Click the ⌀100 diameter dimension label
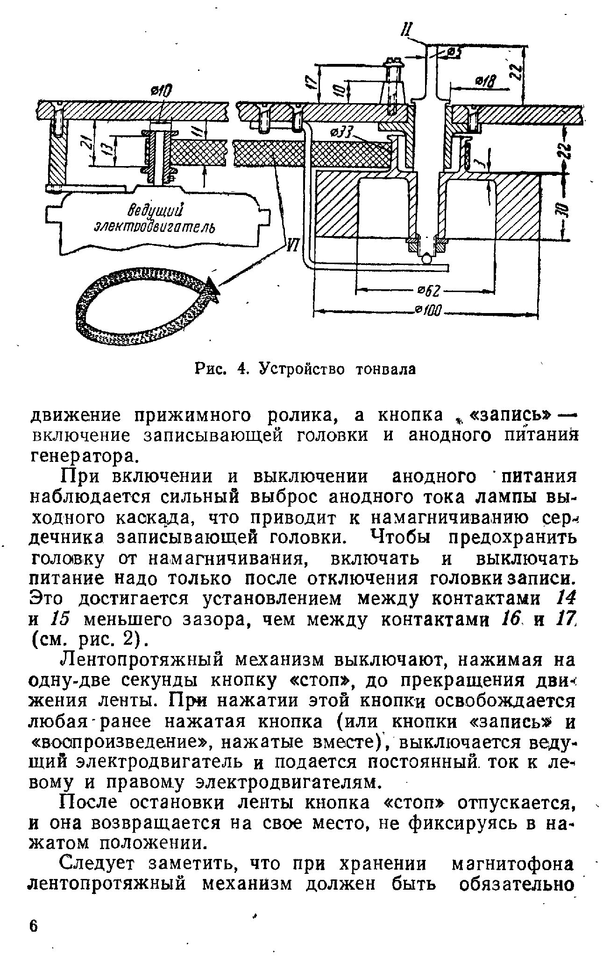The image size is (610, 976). [x=428, y=310]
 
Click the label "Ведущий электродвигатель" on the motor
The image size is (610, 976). [x=156, y=219]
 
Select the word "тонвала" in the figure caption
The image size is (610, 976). [x=385, y=369]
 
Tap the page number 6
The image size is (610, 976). [x=33, y=926]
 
